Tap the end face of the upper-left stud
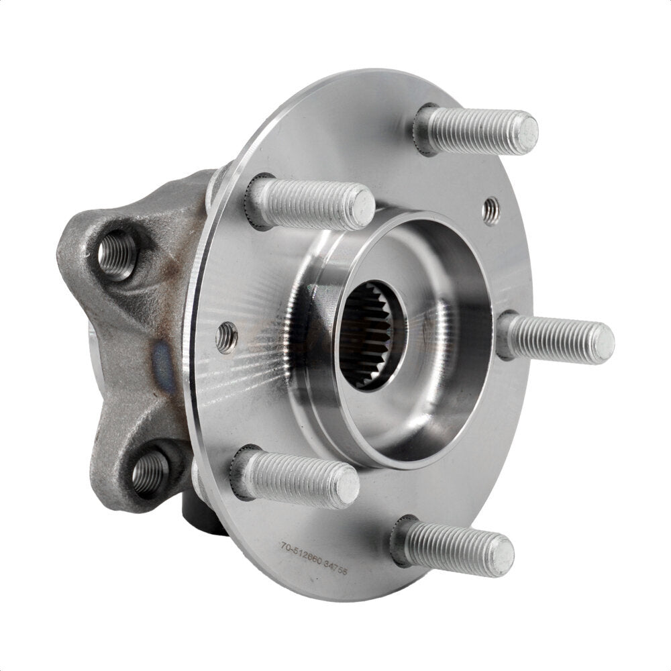point(362,206)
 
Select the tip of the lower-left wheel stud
point(346,484)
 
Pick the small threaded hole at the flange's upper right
point(491,211)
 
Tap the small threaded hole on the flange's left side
point(226,337)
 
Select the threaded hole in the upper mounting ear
point(116,254)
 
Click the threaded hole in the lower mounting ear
point(149,472)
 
